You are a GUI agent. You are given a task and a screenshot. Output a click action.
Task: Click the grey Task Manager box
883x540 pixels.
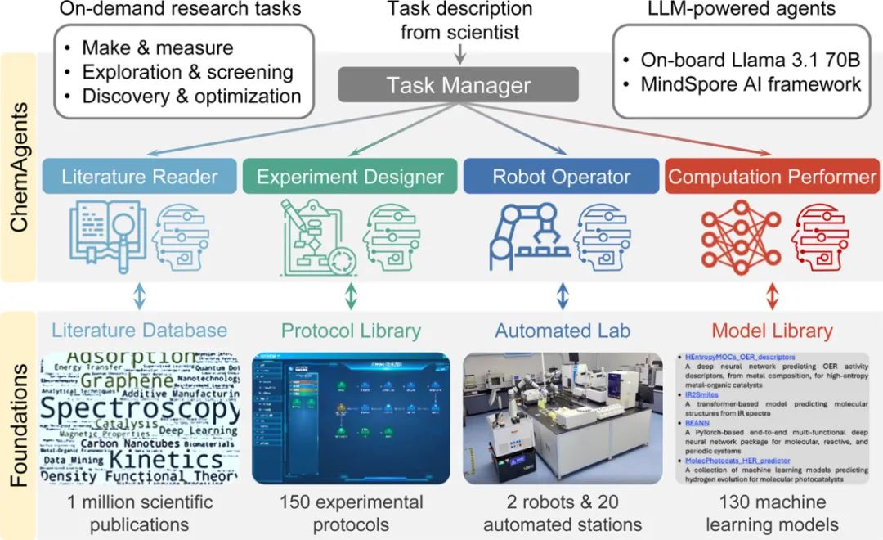click(x=459, y=84)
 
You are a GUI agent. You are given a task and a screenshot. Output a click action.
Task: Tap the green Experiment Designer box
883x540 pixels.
click(x=350, y=177)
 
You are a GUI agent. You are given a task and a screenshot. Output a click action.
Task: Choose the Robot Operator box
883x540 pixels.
click(x=561, y=177)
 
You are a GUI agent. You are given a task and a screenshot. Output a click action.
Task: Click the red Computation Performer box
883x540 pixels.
click(x=771, y=177)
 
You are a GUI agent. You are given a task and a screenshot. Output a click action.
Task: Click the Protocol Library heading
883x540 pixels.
click(x=351, y=331)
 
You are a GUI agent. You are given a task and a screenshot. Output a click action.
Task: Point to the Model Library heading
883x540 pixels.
click(x=772, y=331)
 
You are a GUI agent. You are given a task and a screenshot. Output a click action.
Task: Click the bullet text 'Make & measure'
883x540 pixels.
click(x=158, y=48)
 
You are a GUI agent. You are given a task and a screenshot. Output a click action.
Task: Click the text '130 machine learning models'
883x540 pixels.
click(x=772, y=512)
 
